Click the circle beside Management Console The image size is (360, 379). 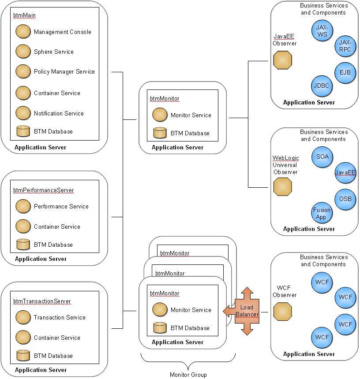point(23,32)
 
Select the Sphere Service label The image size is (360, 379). point(53,52)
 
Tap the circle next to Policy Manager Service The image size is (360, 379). point(23,71)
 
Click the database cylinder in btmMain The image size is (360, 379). point(23,131)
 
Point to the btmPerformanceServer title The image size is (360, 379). point(43,190)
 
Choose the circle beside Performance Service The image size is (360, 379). point(23,206)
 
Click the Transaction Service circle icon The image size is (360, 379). point(23,317)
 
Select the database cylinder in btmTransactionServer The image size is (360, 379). point(23,356)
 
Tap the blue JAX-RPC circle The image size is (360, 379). point(345,46)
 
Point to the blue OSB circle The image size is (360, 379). point(345,199)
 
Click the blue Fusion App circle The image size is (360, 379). point(322,213)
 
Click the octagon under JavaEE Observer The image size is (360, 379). point(283,60)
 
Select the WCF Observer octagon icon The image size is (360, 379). point(283,312)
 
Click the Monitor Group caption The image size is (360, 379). point(188,375)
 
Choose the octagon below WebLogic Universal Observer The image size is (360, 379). point(283,187)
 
